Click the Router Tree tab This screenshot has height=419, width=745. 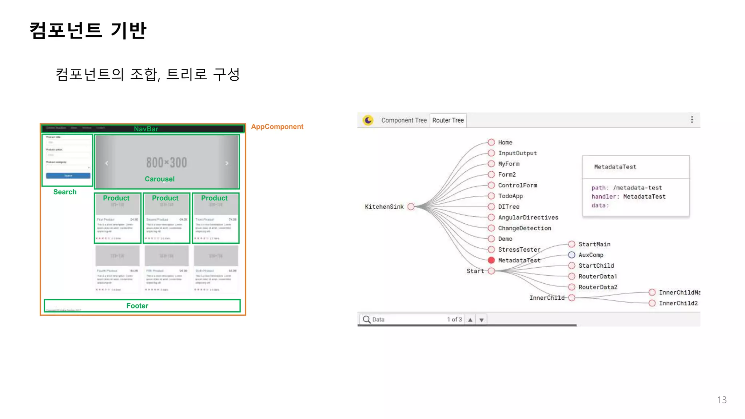[x=448, y=120]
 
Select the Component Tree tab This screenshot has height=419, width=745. [x=404, y=120]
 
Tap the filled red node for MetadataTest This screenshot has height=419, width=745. [x=491, y=260]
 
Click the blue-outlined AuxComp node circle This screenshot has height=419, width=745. [x=571, y=255]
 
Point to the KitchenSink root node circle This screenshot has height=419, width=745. [x=411, y=207]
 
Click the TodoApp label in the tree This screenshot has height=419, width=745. [x=510, y=196]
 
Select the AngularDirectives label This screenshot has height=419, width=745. [x=528, y=218]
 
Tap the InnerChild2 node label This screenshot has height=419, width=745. [x=678, y=303]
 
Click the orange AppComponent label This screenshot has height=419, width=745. [x=277, y=127]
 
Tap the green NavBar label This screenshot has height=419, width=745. [x=146, y=129]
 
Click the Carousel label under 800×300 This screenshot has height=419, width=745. [x=160, y=179]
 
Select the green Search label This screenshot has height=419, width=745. [x=65, y=192]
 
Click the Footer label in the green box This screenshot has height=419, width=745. [x=137, y=306]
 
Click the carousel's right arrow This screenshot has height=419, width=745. [x=227, y=163]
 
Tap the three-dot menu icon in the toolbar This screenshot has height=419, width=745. [x=692, y=120]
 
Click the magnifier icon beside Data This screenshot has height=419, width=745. [x=366, y=319]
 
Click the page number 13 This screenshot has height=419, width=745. [x=722, y=400]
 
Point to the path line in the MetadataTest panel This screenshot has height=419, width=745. [x=626, y=188]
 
